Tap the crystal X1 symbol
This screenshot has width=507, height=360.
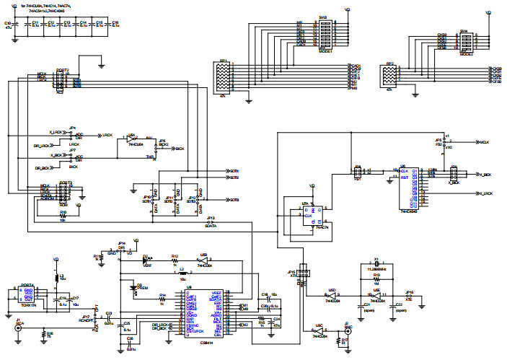click(x=376, y=263)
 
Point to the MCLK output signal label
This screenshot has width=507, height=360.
click(x=486, y=142)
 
